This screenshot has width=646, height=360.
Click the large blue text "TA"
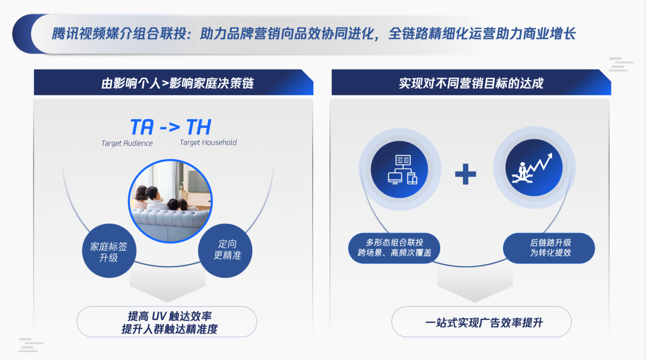point(142,127)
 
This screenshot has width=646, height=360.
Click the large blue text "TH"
point(199,127)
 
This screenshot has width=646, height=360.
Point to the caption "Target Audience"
point(127,144)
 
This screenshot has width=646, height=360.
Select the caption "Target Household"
point(208,142)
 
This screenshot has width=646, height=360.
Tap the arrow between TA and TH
point(170,127)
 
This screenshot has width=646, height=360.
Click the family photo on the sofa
point(170,201)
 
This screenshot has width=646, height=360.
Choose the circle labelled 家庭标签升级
point(109,251)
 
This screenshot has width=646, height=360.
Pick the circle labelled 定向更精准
point(226,251)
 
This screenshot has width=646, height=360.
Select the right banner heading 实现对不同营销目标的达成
point(471,83)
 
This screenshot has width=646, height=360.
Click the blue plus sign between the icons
point(465,174)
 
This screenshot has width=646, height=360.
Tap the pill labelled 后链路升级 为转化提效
point(549,248)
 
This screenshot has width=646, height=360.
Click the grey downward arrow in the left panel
point(167,283)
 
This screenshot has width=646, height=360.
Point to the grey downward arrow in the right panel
point(475,283)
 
